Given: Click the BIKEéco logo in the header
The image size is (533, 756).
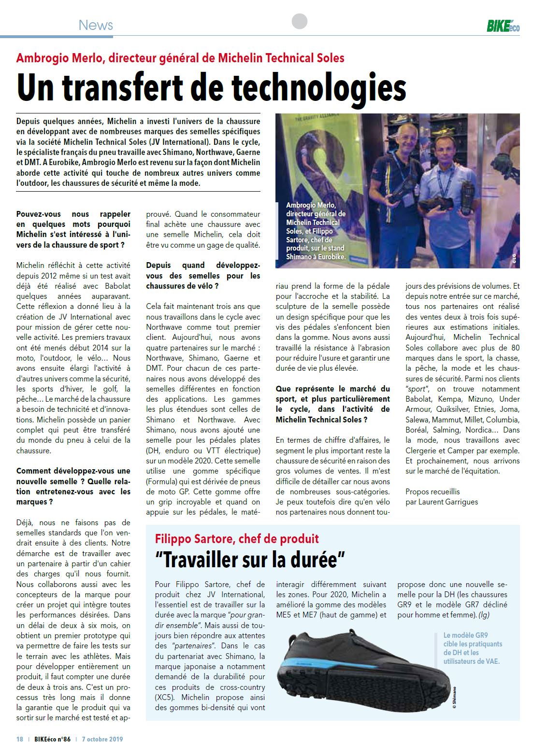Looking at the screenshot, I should click(503, 26).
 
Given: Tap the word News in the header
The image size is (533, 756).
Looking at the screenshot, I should click(96, 25).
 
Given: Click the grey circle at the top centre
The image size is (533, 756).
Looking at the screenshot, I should click(300, 22).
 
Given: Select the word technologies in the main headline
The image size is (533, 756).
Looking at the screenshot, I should click(318, 88).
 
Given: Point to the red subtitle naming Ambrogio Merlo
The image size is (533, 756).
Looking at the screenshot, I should click(180, 58).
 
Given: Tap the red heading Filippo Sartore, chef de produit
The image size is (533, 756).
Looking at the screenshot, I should click(237, 539).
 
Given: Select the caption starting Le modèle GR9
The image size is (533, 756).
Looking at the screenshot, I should click(472, 648).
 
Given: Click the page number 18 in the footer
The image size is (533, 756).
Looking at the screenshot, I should click(20, 739).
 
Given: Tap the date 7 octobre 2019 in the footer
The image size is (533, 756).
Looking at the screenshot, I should click(102, 739).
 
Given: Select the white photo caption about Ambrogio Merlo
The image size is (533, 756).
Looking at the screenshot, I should click(316, 231).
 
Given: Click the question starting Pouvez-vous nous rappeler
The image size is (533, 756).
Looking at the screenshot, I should click(73, 229).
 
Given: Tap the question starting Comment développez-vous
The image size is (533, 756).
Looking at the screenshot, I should click(73, 486).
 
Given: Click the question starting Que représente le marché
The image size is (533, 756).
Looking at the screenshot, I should click(332, 404).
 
